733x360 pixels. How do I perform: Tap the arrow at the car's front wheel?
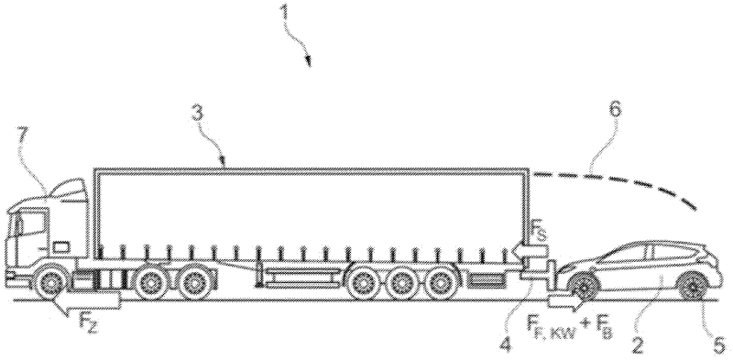(x=561, y=299)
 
